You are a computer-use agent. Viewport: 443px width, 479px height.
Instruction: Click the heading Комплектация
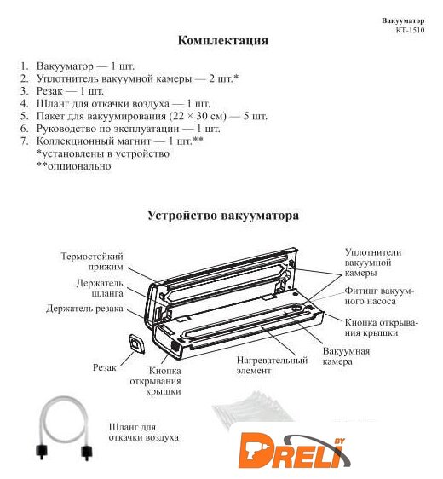[x=223, y=41]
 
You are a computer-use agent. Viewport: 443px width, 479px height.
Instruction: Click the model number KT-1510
[x=410, y=30]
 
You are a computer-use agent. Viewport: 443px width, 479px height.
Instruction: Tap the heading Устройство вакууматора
[x=223, y=216]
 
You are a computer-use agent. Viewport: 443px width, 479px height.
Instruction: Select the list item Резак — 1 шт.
[x=70, y=91]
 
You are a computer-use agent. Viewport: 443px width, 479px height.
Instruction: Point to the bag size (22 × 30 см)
[x=197, y=116]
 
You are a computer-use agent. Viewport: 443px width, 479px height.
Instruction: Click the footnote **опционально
[x=74, y=166]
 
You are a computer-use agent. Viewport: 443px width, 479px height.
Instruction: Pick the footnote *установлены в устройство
[x=103, y=153]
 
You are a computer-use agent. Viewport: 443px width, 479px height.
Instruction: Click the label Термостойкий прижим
[x=92, y=261]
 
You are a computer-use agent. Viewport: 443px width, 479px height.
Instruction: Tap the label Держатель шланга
[x=100, y=288]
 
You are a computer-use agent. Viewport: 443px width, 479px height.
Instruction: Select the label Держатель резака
[x=84, y=309]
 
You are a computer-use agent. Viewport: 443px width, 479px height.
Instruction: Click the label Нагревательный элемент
[x=272, y=365]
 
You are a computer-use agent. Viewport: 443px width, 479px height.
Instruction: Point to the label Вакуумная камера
[x=346, y=356]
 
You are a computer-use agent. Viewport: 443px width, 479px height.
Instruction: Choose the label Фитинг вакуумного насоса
[x=379, y=296]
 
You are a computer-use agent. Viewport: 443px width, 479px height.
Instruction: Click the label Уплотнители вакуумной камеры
[x=373, y=263]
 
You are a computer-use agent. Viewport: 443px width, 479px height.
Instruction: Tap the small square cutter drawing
[x=136, y=344]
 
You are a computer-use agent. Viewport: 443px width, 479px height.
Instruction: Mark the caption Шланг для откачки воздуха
[x=144, y=432]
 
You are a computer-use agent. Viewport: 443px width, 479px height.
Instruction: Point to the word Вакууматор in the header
[x=403, y=20]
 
